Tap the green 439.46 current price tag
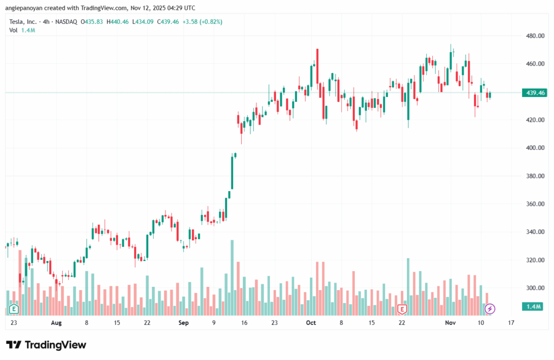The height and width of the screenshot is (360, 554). [535, 93]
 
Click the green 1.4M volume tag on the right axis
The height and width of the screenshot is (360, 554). [535, 307]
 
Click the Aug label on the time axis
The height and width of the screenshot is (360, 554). [56, 323]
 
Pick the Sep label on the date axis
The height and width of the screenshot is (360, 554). [183, 323]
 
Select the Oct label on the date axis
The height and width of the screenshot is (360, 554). [311, 323]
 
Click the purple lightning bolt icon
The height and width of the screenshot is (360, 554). [490, 309]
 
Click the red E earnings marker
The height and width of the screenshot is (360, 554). [402, 309]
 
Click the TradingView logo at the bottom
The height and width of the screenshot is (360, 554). [46, 345]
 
